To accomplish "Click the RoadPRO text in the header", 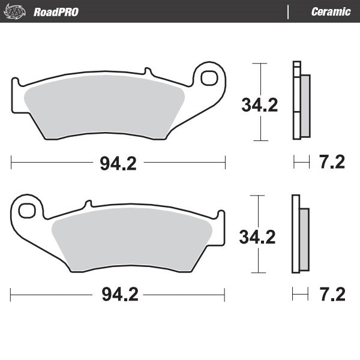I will point(56,11).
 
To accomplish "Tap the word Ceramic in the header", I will point(331,11).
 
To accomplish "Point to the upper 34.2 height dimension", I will point(259,105).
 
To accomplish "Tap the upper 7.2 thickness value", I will point(332,162).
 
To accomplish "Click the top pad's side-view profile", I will point(296,100).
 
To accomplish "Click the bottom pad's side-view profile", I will point(295,234).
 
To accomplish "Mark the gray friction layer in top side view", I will point(305,105).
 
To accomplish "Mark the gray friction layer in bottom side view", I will point(304,238).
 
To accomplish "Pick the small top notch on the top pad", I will point(146,71).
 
